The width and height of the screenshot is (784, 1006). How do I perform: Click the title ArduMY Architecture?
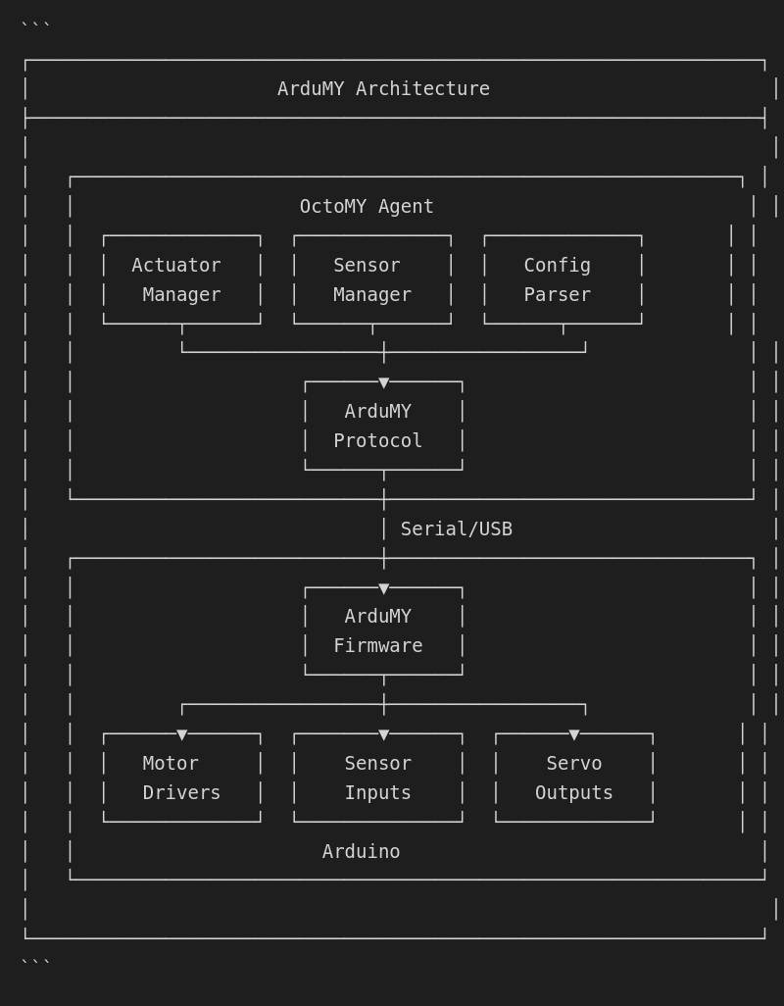pos(383,89)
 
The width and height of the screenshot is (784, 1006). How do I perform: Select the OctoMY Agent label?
pos(367,207)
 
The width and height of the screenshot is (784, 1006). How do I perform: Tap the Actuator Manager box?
pos(181,279)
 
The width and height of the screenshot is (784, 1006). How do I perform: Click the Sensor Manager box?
pos(372,279)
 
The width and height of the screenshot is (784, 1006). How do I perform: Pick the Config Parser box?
pos(563,279)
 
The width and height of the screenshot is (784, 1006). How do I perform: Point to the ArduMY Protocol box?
pos(383,427)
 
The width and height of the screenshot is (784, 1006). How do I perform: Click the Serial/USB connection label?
pos(456,529)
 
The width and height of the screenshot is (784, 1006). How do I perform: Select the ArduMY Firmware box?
pos(383,631)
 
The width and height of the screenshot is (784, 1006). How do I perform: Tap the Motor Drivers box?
pos(181,778)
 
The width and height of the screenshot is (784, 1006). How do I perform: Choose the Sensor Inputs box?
pos(378,778)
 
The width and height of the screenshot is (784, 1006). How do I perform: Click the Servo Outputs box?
pos(574,778)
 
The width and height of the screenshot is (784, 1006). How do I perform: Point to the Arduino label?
pos(361,852)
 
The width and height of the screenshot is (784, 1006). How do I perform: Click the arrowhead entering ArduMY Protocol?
pos(384,383)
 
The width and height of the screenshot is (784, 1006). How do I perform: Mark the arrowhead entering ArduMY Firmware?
pos(384,589)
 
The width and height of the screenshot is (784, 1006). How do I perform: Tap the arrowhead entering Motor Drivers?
pos(182,735)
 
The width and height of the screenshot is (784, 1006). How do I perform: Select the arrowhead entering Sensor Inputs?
pos(384,735)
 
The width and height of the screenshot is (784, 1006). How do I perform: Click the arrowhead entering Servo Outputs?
pos(574,735)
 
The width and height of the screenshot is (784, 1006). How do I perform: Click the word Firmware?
pos(378,646)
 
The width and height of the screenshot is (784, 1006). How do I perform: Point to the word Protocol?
pos(378,441)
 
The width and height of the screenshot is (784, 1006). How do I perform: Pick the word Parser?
pos(557,295)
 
